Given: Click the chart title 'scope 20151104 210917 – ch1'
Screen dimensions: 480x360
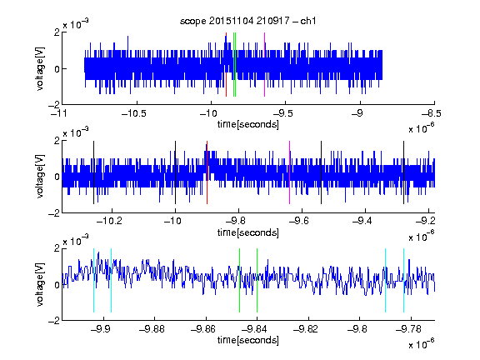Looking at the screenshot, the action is coord(247,21).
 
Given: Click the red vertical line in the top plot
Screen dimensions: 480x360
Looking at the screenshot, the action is coord(226,65).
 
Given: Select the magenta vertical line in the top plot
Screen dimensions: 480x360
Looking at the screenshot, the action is coord(264,65).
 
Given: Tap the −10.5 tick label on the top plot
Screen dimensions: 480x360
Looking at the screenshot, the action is coord(134,113).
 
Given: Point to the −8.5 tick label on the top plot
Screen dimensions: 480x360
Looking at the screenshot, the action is coord(432,113).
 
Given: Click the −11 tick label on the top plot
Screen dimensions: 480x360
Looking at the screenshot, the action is coord(59,113).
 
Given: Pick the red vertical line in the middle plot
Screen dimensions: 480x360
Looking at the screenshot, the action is coord(207,172).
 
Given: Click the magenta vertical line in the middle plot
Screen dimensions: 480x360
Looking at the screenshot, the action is coord(290,172).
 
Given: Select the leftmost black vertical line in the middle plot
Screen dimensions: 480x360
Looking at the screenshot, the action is coord(93,172).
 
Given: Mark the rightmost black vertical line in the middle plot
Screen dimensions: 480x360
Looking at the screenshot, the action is coord(403,172).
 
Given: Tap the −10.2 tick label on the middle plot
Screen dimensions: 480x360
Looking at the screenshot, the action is coord(109,221).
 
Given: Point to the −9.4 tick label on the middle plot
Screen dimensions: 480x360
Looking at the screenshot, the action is coord(362,221).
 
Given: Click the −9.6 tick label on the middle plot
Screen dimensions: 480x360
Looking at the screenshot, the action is coord(299,221).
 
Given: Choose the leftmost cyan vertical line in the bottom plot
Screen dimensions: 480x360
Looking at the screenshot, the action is coord(93,280).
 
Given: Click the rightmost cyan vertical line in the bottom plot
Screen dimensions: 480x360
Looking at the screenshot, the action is coord(403,280).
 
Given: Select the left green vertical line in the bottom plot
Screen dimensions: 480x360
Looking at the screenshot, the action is coord(239,280).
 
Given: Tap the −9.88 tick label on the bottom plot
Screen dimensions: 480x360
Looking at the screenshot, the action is coord(152,329).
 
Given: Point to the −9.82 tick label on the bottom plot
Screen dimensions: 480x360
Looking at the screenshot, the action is coord(306,329).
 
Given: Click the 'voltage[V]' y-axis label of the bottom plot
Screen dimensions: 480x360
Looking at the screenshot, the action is coord(40,284).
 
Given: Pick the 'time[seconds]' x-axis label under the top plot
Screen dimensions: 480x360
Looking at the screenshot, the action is coord(248,124).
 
